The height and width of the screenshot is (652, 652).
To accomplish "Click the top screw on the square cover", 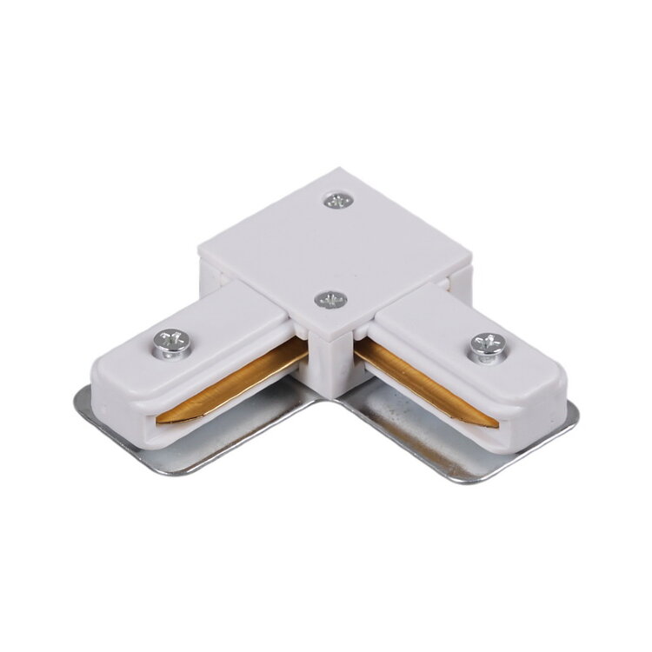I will coord(336,201).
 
